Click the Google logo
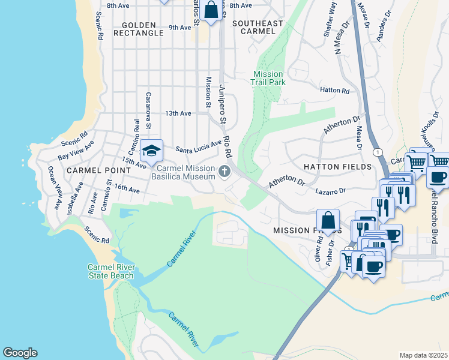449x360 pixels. [x=20, y=353]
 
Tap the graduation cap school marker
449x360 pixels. [x=152, y=150]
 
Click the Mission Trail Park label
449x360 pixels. [x=268, y=77]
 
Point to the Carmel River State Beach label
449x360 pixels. [x=110, y=271]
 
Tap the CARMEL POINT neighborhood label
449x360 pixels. [x=90, y=170]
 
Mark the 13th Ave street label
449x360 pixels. [x=178, y=113]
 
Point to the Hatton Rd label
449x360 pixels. [x=335, y=91]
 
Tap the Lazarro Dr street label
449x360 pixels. [x=331, y=191]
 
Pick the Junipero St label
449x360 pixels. [x=221, y=103]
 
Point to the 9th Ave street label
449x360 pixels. [x=180, y=28]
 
